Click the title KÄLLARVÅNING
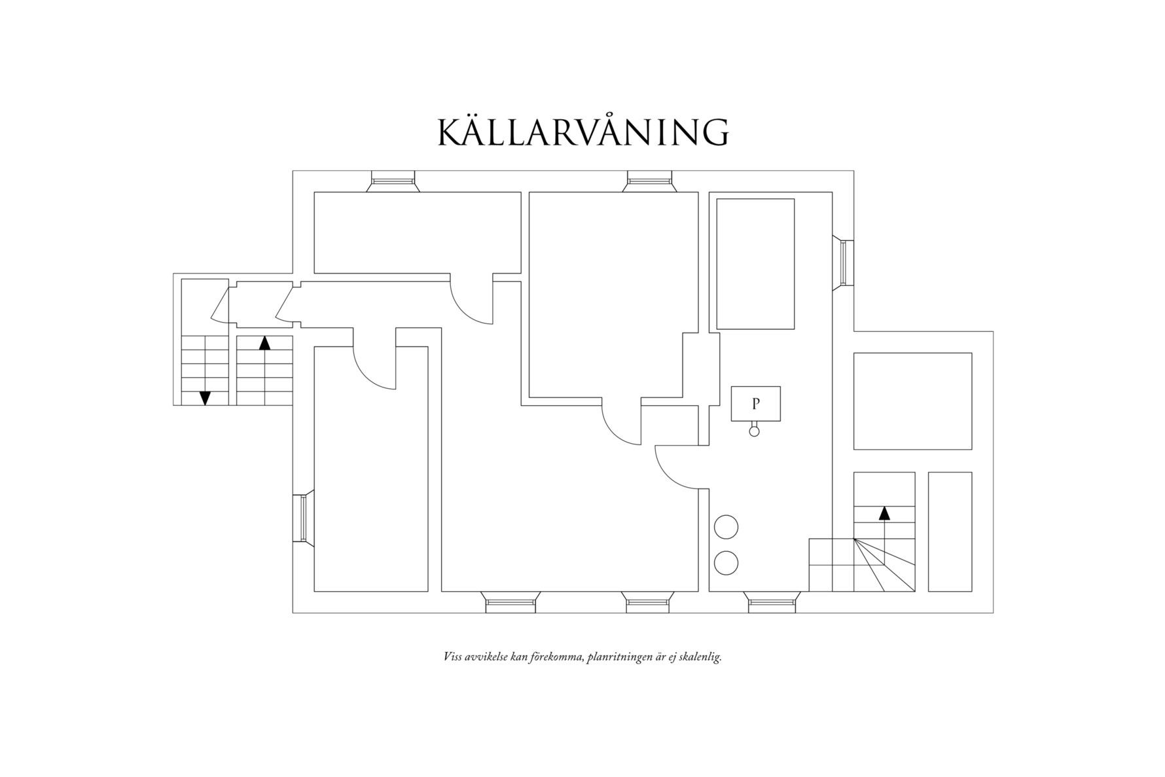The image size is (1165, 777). (582, 132)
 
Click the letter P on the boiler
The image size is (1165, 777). (756, 404)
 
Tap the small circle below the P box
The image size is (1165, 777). (754, 431)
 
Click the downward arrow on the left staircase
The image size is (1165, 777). (205, 397)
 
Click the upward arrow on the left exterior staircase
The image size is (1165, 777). (264, 343)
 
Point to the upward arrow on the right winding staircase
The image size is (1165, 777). (884, 513)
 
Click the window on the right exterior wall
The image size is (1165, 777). (846, 263)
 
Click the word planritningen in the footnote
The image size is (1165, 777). (618, 657)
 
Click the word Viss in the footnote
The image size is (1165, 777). (452, 657)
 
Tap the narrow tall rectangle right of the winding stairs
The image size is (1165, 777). (950, 532)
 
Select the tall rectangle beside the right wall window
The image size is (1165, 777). (755, 264)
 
